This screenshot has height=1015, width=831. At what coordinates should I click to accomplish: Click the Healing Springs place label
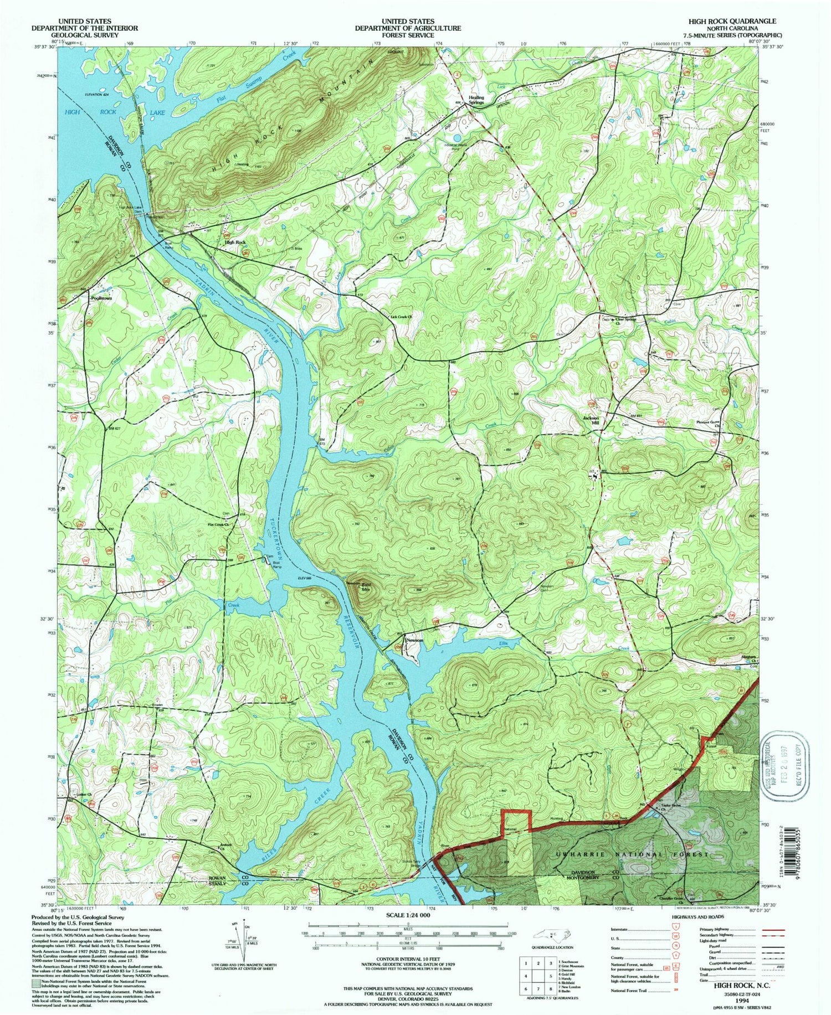pos(476,100)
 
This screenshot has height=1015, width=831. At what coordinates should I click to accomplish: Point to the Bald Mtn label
pos(366,588)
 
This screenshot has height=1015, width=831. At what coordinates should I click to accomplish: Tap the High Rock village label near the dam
pos(235,243)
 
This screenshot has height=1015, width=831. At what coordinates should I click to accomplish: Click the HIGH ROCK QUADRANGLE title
pos(732,21)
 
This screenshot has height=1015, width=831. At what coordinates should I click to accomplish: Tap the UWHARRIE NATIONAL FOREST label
pos(632,854)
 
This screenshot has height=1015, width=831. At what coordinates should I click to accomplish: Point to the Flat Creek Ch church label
pos(218,524)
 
